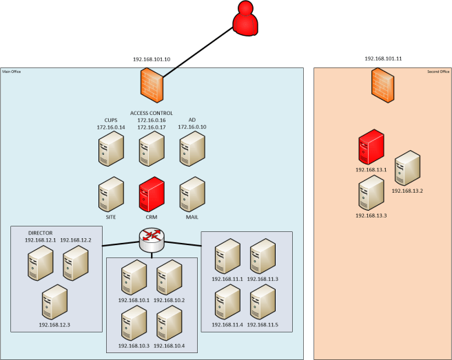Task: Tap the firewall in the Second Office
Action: pyautogui.click(x=382, y=85)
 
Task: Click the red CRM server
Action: pyautogui.click(x=152, y=193)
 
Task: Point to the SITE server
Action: pyautogui.click(x=110, y=193)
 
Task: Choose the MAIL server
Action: pyautogui.click(x=192, y=193)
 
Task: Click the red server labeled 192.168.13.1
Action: pyautogui.click(x=371, y=146)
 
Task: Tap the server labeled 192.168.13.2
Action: pyautogui.click(x=407, y=167)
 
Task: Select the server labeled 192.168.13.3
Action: pyautogui.click(x=371, y=193)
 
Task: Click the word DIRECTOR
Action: pyautogui.click(x=41, y=233)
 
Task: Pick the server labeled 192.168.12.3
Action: pyautogui.click(x=55, y=301)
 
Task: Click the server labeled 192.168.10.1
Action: pyautogui.click(x=134, y=276)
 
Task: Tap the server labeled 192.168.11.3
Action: pyautogui.click(x=263, y=255)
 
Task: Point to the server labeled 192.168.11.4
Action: pyautogui.click(x=227, y=300)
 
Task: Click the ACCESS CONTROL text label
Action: pyautogui.click(x=152, y=113)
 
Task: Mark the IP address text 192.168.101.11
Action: pyautogui.click(x=383, y=59)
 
